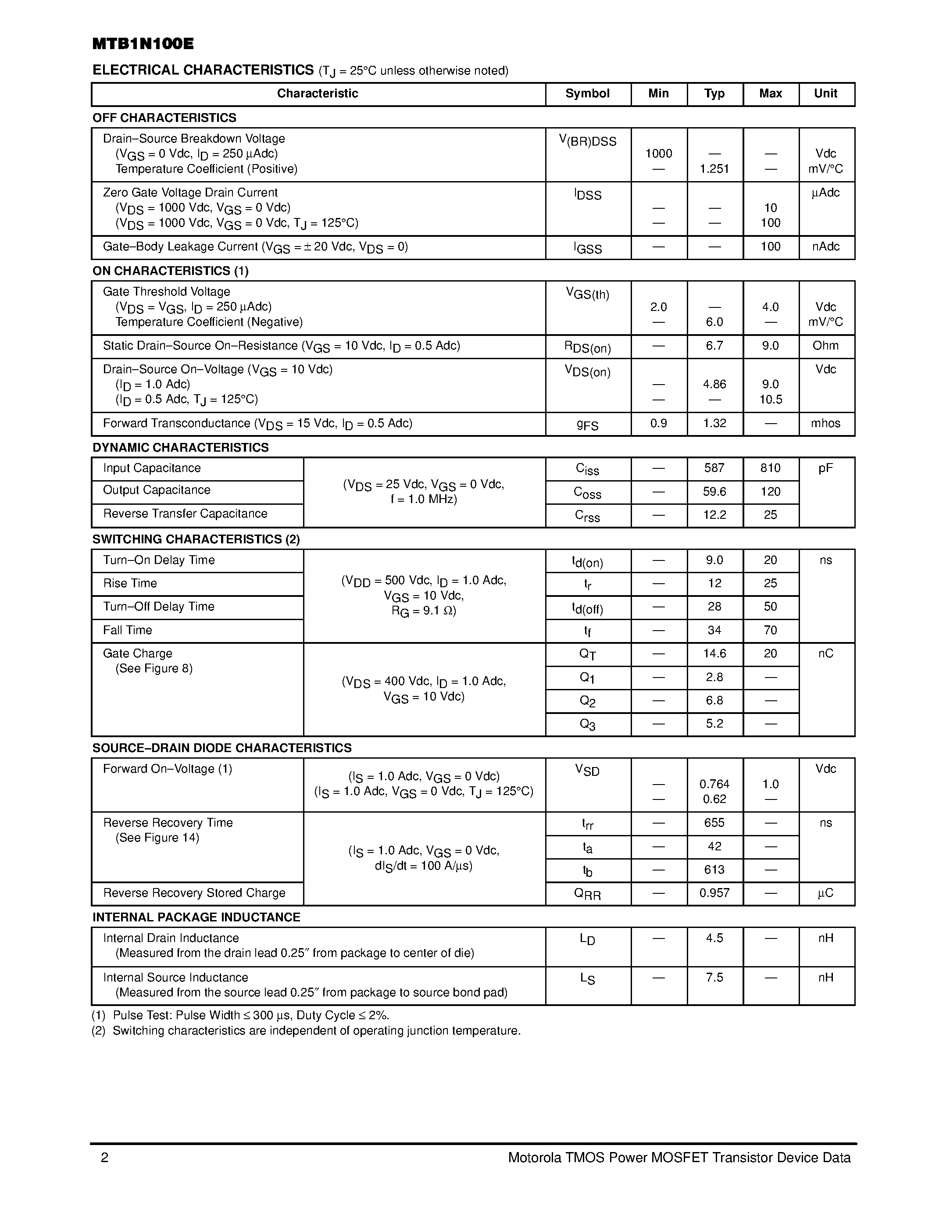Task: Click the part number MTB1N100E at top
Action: (x=143, y=44)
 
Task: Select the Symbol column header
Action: (x=587, y=94)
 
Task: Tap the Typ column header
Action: (x=714, y=94)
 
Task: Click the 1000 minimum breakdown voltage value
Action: (x=659, y=154)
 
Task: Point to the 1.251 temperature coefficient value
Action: (x=714, y=169)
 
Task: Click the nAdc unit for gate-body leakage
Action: (x=825, y=247)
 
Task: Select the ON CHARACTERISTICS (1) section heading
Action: (x=171, y=271)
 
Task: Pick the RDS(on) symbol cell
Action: (x=587, y=347)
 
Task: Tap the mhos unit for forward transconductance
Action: (x=825, y=424)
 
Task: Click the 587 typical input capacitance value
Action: (x=714, y=468)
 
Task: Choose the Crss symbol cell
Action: (x=587, y=516)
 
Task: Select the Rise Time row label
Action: (x=130, y=584)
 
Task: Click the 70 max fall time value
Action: (x=770, y=631)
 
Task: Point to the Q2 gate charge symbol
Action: (x=587, y=701)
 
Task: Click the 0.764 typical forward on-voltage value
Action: (x=714, y=784)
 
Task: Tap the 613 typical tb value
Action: (x=714, y=870)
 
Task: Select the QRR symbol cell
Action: (x=587, y=894)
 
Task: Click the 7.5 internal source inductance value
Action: (x=714, y=978)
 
